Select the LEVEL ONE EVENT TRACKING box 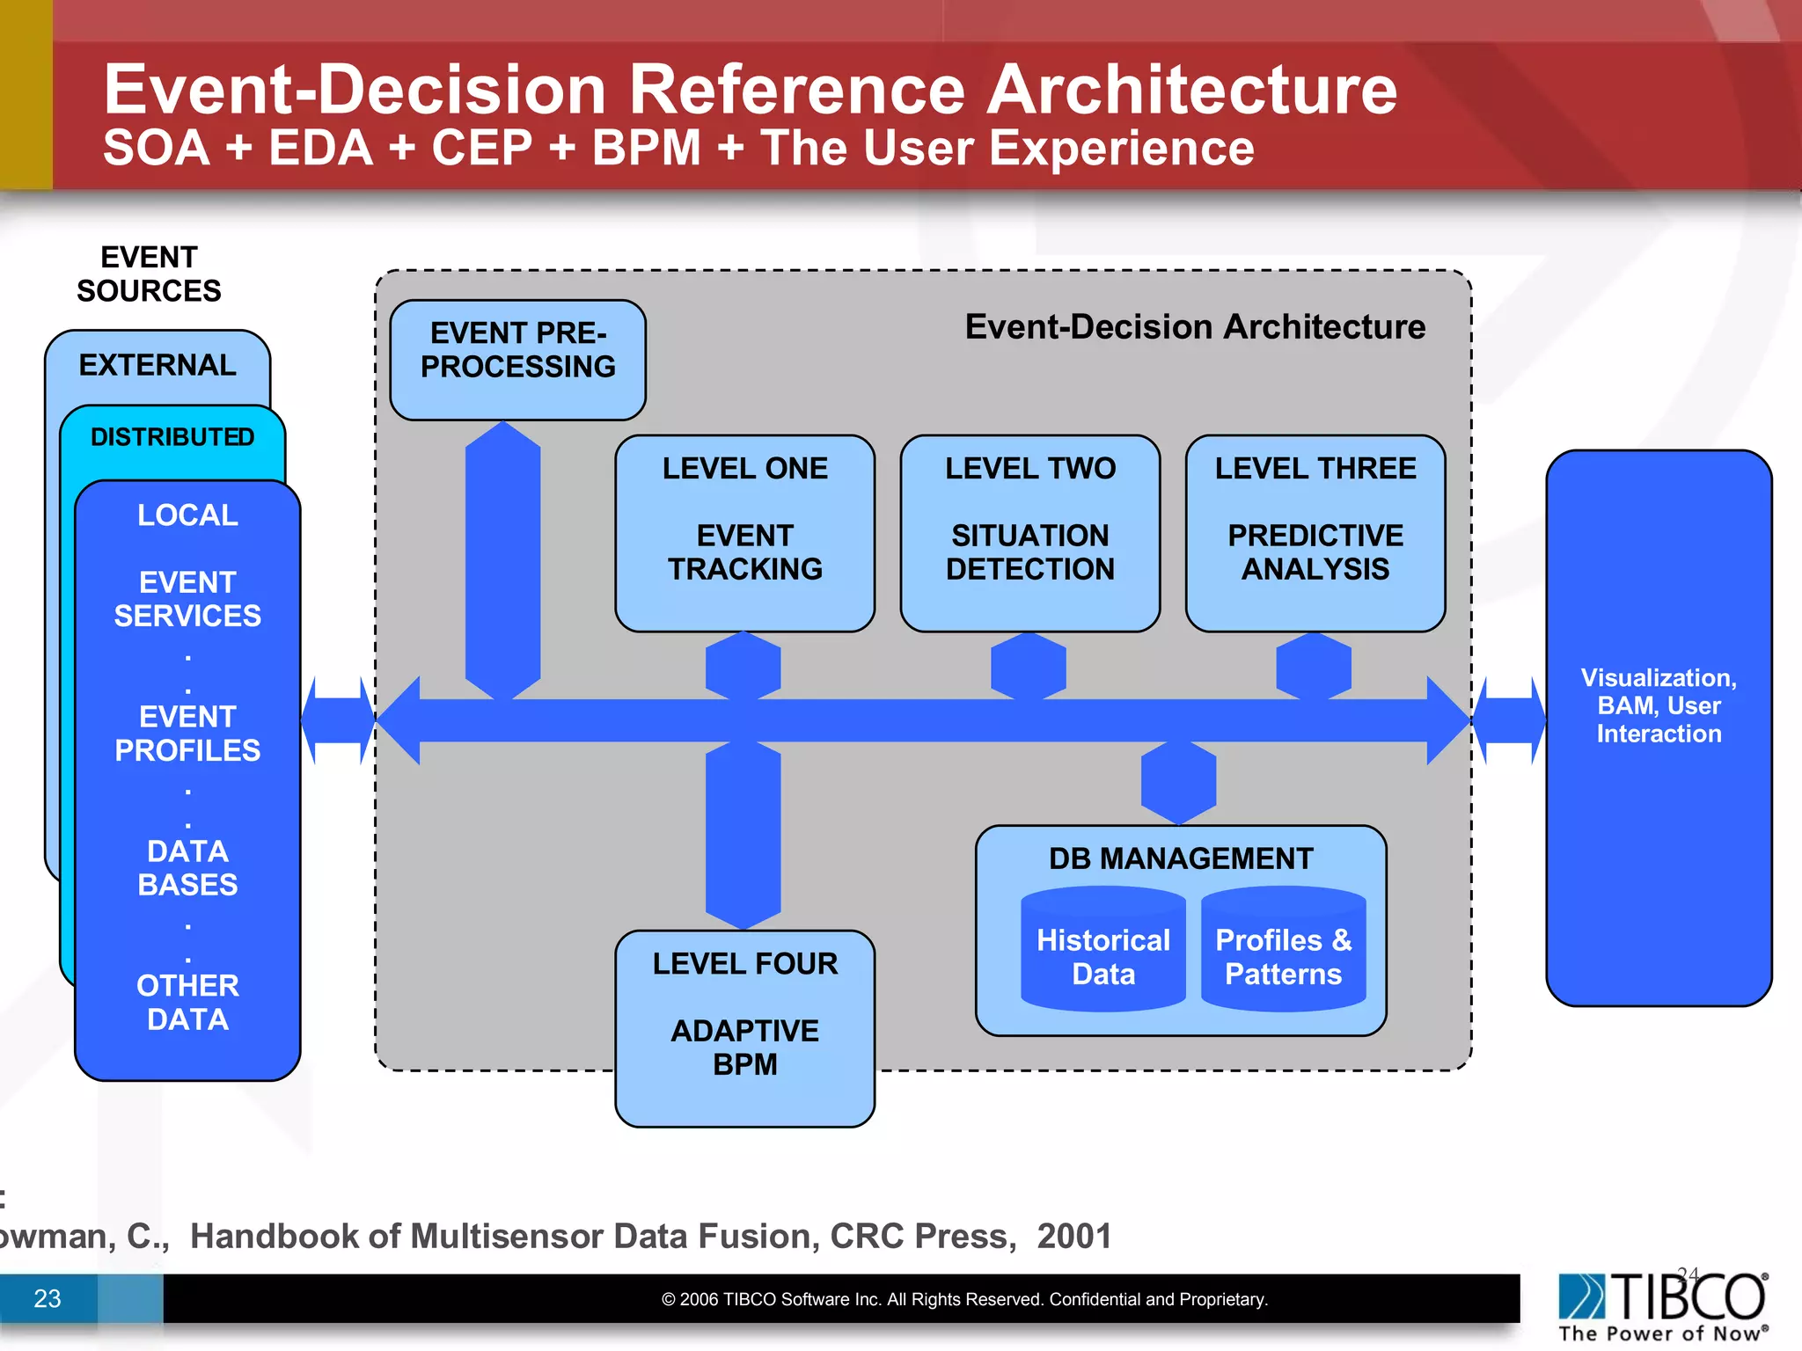(x=744, y=533)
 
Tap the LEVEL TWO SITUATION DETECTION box (x=1029, y=533)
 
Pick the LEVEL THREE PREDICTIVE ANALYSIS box (x=1315, y=533)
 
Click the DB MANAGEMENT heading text (x=1181, y=858)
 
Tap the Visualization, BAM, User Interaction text (x=1659, y=705)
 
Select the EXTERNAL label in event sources (x=157, y=365)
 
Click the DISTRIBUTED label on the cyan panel (x=172, y=437)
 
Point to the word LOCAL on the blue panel (x=187, y=515)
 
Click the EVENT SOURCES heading (x=149, y=274)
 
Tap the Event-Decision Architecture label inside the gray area (x=1195, y=327)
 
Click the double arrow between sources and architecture (x=338, y=720)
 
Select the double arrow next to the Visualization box (x=1508, y=720)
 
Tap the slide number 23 (x=48, y=1298)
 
